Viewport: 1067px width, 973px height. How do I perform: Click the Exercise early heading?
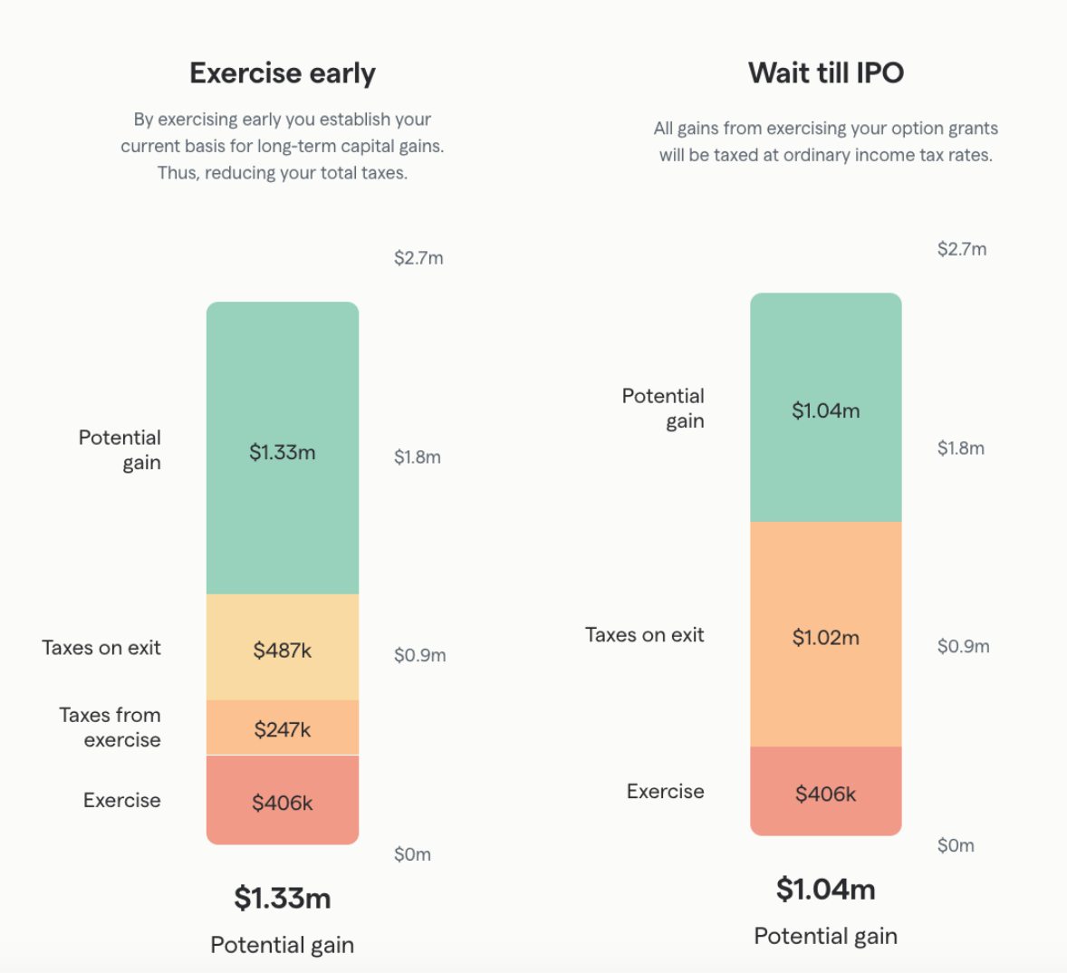click(x=282, y=73)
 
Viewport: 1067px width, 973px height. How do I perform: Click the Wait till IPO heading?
click(x=825, y=73)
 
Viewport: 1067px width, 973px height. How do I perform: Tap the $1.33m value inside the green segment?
click(x=282, y=452)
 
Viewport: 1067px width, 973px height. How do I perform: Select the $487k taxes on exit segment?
click(x=282, y=650)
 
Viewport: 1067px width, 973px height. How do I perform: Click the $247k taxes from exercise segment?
click(x=282, y=729)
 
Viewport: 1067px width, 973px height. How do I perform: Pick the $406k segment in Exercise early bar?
click(x=282, y=803)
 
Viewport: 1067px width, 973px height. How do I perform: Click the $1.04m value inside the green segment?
click(x=825, y=410)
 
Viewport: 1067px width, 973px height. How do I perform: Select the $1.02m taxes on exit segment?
click(x=825, y=637)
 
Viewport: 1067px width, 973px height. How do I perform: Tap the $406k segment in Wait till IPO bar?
click(x=825, y=794)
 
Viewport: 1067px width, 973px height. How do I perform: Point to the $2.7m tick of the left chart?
click(x=418, y=258)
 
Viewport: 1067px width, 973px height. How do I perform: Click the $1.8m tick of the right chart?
click(x=960, y=448)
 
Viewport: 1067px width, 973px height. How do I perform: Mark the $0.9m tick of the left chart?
click(x=419, y=655)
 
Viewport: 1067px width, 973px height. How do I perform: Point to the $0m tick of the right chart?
click(x=956, y=845)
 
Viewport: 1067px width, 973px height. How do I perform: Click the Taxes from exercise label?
click(x=110, y=727)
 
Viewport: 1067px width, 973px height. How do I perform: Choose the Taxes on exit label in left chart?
click(x=101, y=648)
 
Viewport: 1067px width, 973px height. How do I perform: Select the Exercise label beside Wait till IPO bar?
click(x=665, y=791)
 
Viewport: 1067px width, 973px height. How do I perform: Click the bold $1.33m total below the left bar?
click(x=282, y=898)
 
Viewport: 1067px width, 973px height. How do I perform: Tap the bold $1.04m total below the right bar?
click(x=825, y=889)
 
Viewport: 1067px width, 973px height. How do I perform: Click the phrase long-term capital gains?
click(x=350, y=146)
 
